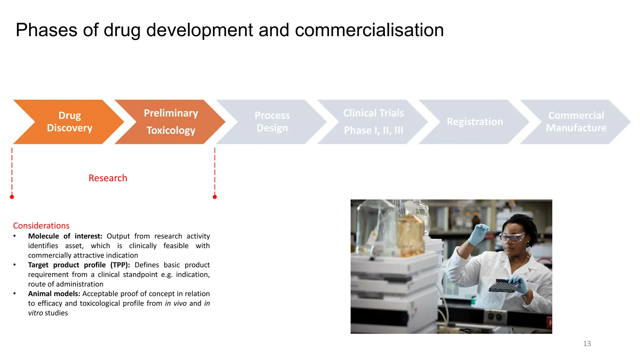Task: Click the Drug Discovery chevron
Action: [69, 122]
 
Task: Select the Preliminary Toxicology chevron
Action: [171, 122]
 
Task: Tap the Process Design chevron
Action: [272, 122]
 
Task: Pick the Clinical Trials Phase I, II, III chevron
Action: [373, 122]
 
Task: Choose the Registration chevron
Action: [475, 122]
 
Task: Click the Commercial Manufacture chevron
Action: [576, 122]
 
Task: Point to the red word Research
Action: [108, 178]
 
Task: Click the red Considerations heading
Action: [41, 226]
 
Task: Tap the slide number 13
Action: [587, 344]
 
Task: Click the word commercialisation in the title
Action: [369, 30]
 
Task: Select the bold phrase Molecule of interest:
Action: [65, 236]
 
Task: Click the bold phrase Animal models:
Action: [54, 294]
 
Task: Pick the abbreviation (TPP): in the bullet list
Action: [120, 265]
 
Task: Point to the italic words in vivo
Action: [176, 303]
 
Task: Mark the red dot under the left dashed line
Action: [12, 197]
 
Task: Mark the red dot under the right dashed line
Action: [215, 197]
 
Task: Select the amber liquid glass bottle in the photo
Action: [410, 234]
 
